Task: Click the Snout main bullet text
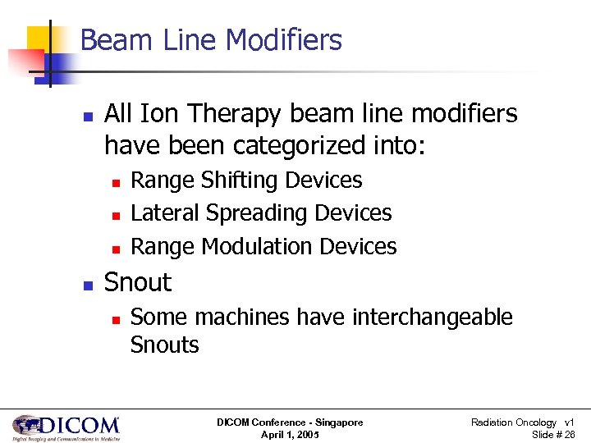tap(138, 282)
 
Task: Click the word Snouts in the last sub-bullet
tap(164, 345)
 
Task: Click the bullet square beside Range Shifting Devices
tap(116, 181)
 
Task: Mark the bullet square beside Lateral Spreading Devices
tap(116, 214)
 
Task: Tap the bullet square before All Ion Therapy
tap(87, 116)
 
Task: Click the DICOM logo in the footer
tap(66, 427)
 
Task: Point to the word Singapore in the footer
tap(337, 422)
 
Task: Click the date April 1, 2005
tap(289, 435)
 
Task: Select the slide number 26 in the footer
tap(568, 435)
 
